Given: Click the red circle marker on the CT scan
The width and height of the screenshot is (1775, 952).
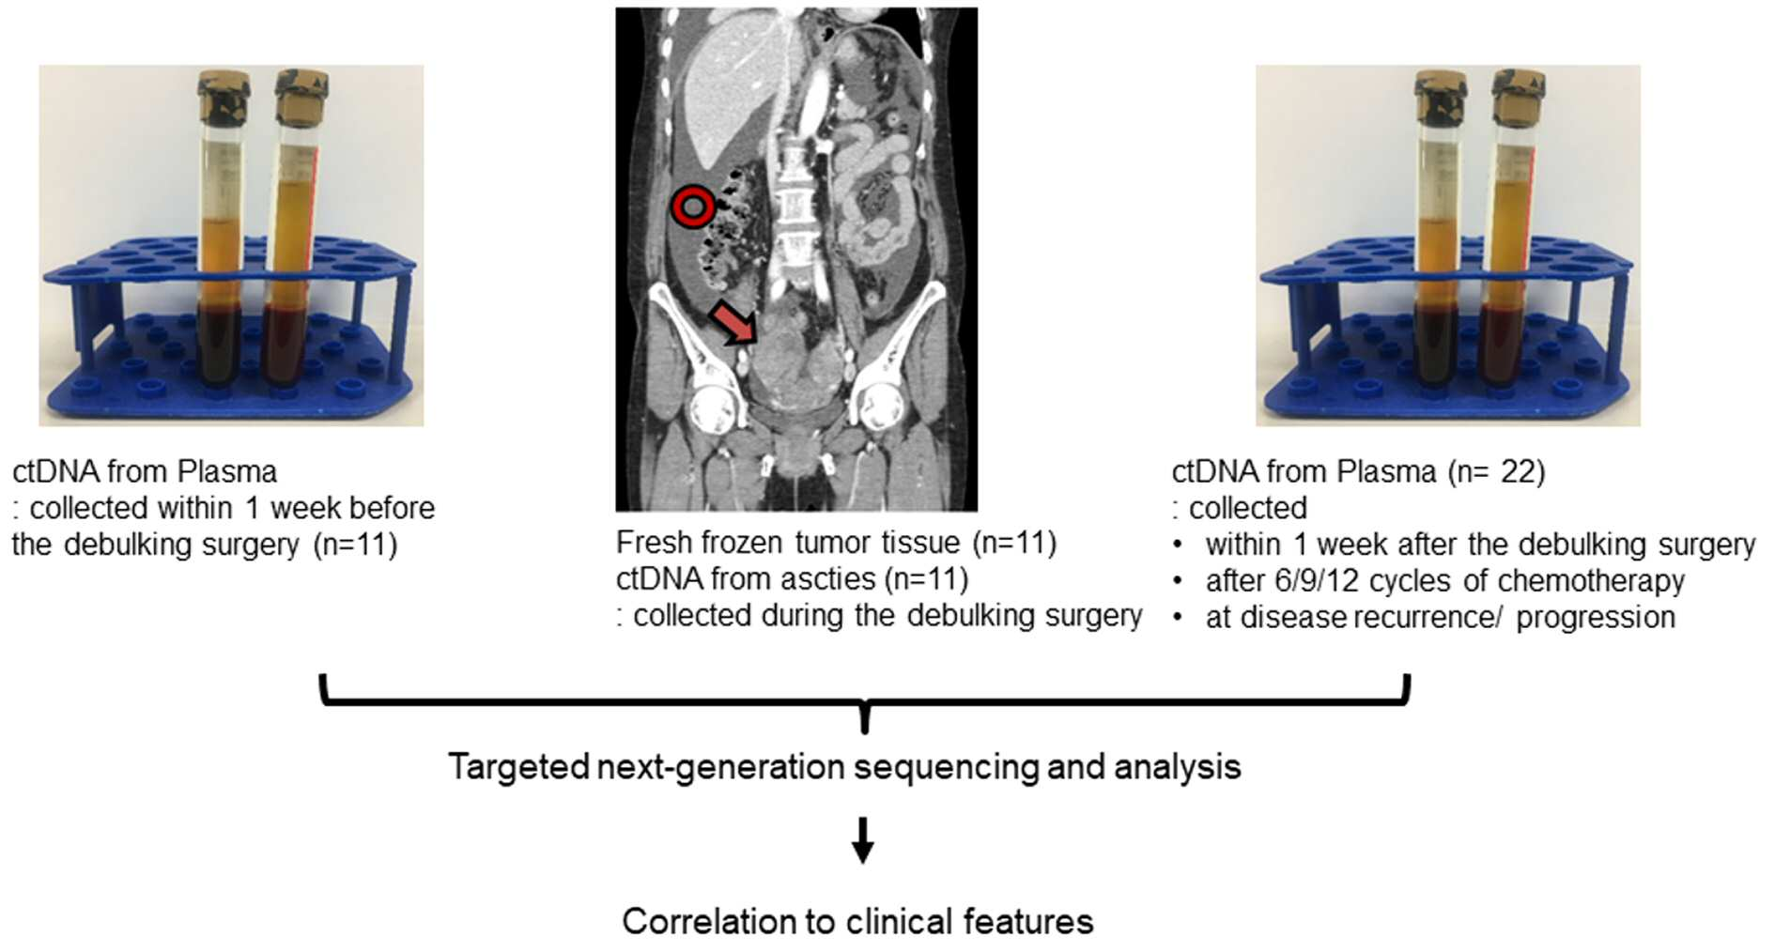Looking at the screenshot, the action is tap(692, 206).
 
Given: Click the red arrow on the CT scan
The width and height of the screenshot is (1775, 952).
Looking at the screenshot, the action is tap(734, 322).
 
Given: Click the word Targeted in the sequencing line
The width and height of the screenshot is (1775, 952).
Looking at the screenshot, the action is tap(518, 767).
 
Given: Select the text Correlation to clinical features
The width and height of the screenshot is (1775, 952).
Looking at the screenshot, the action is tap(857, 921).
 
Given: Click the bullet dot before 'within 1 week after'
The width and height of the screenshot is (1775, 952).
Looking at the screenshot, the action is tap(1178, 545).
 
